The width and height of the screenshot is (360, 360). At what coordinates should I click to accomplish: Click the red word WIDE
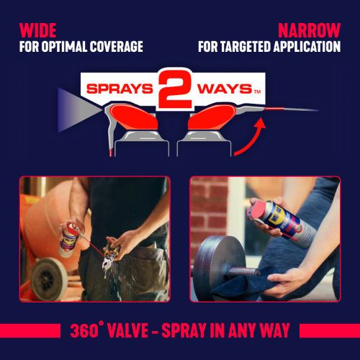(x=38, y=30)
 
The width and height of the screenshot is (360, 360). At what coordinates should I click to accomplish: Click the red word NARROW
(x=310, y=30)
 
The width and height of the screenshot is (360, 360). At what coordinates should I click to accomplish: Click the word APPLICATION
(x=307, y=47)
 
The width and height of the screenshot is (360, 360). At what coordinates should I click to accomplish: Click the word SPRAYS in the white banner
(x=120, y=89)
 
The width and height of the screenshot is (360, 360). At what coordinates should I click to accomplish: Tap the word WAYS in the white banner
(x=225, y=89)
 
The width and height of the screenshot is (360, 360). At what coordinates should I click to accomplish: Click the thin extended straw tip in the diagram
(x=292, y=109)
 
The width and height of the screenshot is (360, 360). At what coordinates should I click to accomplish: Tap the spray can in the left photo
(x=68, y=239)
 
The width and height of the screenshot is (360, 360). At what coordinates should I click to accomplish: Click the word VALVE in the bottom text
(x=128, y=330)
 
